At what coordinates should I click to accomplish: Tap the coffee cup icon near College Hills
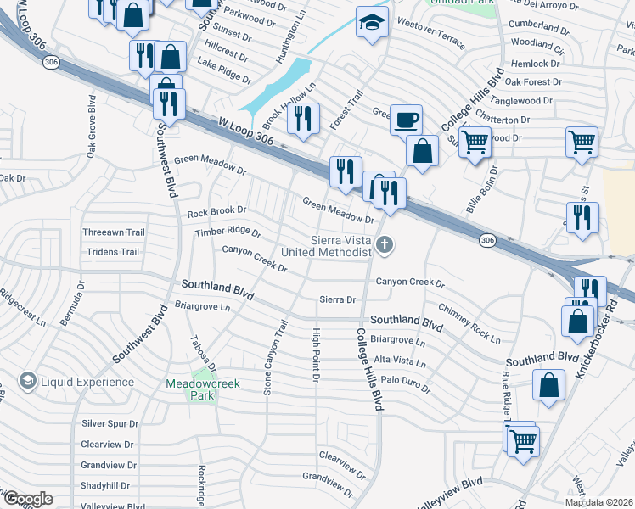406,120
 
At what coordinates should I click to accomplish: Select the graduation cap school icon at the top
371,23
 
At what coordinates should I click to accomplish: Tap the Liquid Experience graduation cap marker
28,382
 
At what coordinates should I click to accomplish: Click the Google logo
28,499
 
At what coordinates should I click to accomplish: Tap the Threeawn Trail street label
115,232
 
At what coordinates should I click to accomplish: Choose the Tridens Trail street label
110,252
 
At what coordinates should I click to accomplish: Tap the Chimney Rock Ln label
469,322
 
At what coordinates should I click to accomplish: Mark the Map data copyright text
598,501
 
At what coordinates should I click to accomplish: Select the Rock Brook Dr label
216,210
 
